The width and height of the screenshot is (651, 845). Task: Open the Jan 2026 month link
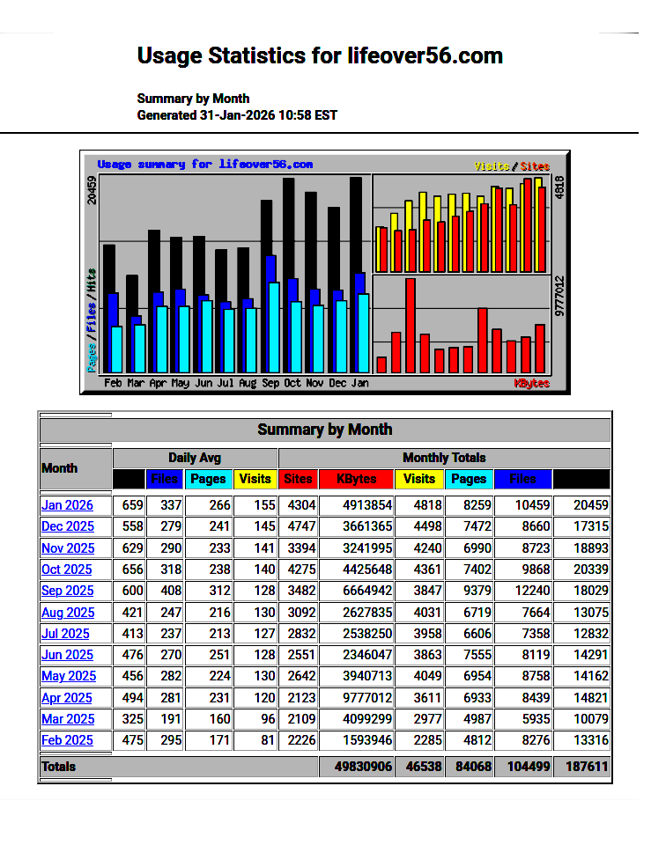pos(67,505)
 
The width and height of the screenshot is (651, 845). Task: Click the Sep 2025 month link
pos(67,591)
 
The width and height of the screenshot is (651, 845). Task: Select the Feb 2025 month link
pos(67,740)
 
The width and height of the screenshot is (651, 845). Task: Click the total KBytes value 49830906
pos(363,767)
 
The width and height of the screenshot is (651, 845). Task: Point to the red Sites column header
pos(299,479)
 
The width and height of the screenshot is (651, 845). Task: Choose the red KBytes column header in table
pos(357,479)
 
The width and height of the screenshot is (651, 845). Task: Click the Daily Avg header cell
pos(195,458)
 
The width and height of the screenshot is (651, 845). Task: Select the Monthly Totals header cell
pos(444,458)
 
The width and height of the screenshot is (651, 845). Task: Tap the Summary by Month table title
pos(324,430)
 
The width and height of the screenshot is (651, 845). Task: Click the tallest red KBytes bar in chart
pos(411,325)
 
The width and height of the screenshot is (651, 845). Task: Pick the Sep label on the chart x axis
pos(270,384)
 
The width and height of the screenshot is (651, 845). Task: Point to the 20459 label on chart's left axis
pos(92,189)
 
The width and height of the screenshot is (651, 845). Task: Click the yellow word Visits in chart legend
pos(492,165)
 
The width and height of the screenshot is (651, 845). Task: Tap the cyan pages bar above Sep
pos(274,327)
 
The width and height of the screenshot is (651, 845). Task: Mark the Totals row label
pos(59,767)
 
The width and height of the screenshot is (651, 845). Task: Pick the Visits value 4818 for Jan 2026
pos(419,505)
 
